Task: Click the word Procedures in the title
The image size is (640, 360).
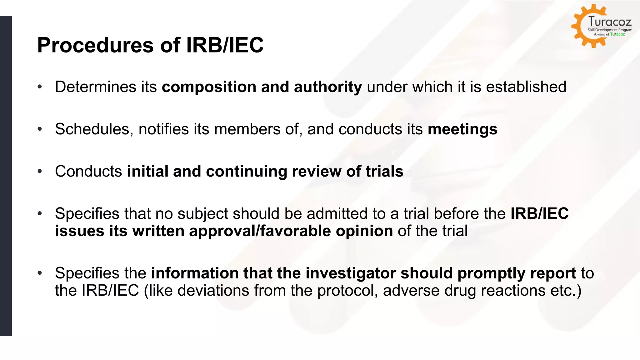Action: click(95, 45)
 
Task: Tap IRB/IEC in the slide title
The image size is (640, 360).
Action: click(225, 45)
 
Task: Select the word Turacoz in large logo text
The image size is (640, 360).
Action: click(610, 22)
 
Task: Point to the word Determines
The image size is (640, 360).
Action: click(95, 87)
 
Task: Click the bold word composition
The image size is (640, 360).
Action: click(209, 87)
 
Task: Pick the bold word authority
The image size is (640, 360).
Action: click(328, 87)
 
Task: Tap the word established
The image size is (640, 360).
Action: click(526, 87)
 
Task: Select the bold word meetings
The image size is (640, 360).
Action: click(462, 129)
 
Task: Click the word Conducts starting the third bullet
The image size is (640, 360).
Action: click(88, 171)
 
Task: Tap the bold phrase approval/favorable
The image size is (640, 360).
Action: click(260, 231)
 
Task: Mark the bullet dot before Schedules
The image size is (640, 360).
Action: click(40, 129)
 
